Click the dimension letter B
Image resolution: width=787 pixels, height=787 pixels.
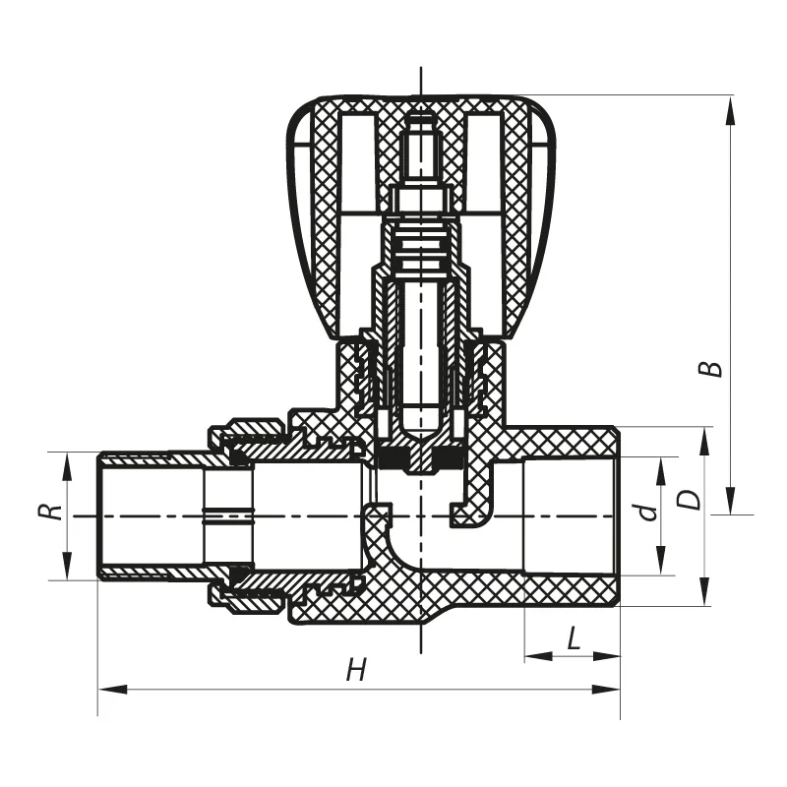click(715, 368)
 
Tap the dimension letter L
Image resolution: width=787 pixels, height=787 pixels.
click(574, 639)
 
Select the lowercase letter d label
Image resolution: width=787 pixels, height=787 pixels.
click(646, 512)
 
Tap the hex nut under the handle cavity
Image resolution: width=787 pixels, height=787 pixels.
click(420, 201)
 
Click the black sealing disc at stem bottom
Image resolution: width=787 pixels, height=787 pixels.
click(420, 458)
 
